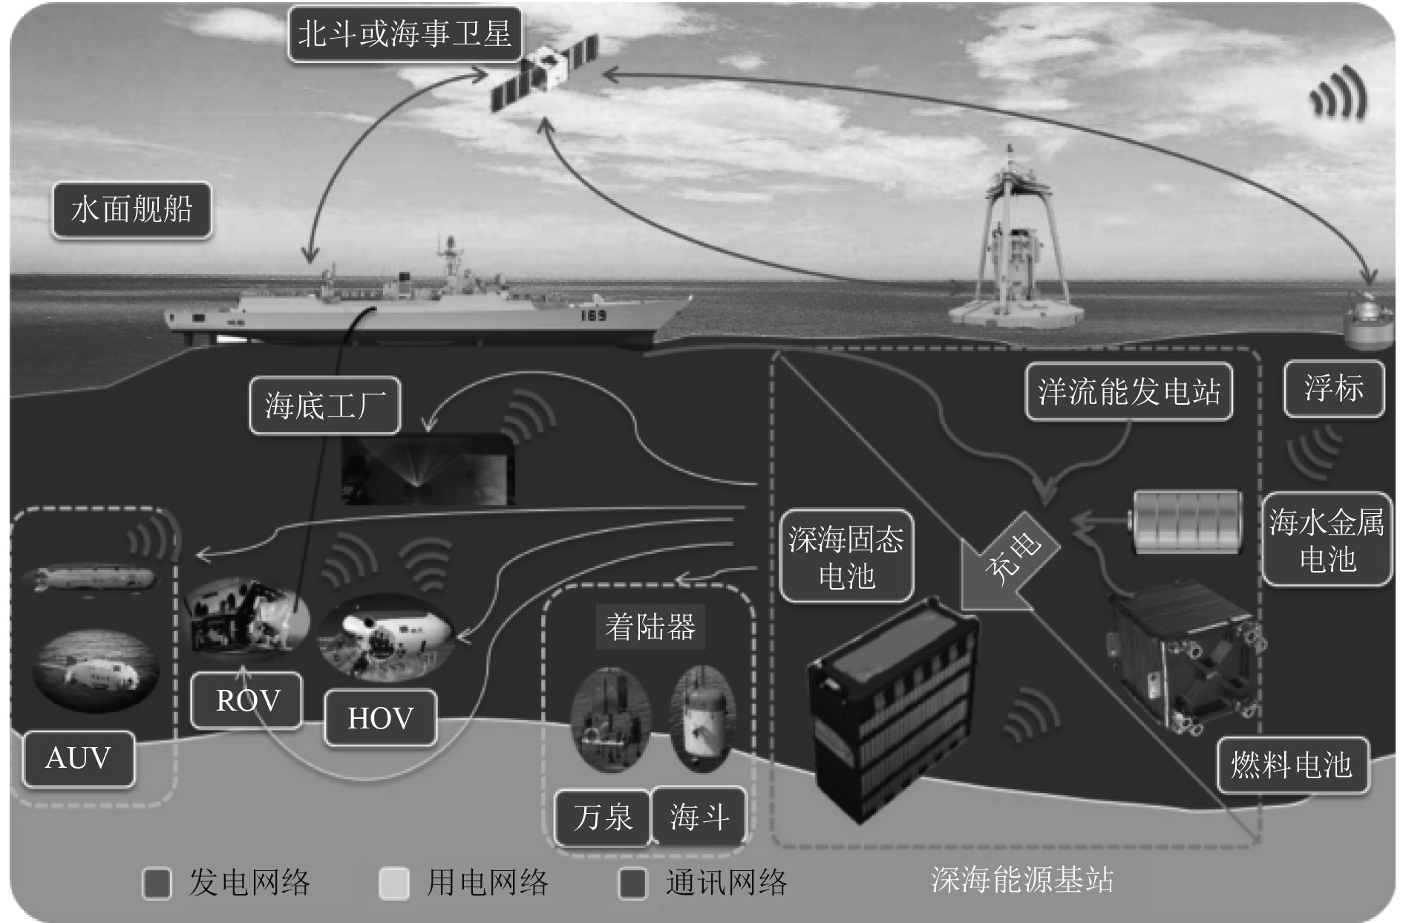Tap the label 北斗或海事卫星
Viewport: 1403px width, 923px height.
pyautogui.click(x=404, y=34)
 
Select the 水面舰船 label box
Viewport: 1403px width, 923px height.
pyautogui.click(x=131, y=210)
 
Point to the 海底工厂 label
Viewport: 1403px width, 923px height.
pyautogui.click(x=324, y=405)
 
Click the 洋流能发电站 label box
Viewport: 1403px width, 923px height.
pyautogui.click(x=1128, y=391)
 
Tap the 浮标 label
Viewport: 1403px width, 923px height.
pyautogui.click(x=1333, y=388)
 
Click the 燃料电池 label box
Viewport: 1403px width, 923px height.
pyautogui.click(x=1292, y=765)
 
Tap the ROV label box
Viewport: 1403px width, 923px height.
pyautogui.click(x=247, y=700)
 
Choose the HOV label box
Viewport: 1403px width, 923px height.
pyautogui.click(x=380, y=718)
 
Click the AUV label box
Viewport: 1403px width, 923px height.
pyautogui.click(x=78, y=758)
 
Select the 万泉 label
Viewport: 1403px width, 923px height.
pyautogui.click(x=602, y=817)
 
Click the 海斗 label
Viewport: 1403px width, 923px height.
pyautogui.click(x=698, y=817)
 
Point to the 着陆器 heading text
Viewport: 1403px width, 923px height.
pyautogui.click(x=650, y=627)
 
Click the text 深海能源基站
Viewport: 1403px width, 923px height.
pyautogui.click(x=1021, y=880)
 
